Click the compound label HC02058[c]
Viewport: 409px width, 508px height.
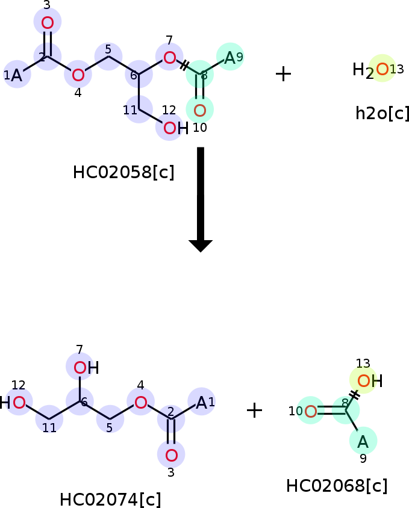click(x=123, y=172)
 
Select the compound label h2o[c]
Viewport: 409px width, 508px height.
click(x=382, y=113)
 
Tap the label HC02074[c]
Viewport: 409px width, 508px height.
click(x=110, y=499)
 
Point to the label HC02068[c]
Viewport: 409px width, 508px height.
click(x=337, y=486)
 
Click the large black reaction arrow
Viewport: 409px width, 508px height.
click(x=201, y=200)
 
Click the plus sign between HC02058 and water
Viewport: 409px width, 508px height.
click(x=284, y=74)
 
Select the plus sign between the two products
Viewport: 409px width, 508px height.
click(x=255, y=410)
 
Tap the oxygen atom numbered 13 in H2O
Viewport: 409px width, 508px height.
click(x=382, y=69)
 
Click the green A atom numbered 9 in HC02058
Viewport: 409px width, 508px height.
click(x=229, y=58)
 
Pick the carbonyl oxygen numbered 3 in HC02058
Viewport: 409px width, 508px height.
click(x=48, y=23)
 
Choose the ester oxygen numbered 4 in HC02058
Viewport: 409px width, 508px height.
click(x=78, y=75)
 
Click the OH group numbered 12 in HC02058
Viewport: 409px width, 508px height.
click(x=176, y=128)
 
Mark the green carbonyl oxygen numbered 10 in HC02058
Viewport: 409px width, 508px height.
click(x=200, y=111)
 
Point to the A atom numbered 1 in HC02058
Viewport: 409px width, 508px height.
click(x=16, y=75)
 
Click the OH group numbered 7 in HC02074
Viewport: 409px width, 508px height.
click(x=86, y=368)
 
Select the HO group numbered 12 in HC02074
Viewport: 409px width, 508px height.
click(x=13, y=403)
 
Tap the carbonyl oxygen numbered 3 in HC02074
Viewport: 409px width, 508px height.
click(x=171, y=455)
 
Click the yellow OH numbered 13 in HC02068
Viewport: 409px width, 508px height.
click(x=370, y=380)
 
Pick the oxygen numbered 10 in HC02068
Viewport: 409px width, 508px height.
click(x=311, y=411)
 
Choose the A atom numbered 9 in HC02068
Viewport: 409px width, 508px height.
click(x=363, y=442)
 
